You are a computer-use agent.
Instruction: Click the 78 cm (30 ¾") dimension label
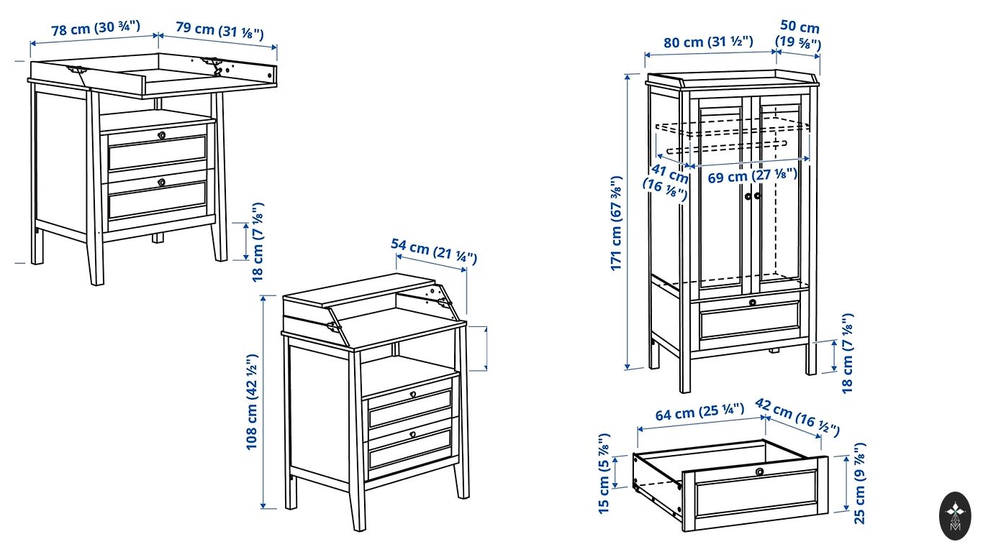96,29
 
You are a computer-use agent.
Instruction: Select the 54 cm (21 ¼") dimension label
434,251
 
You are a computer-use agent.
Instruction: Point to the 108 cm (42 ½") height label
252,402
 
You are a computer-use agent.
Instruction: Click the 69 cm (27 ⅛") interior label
753,175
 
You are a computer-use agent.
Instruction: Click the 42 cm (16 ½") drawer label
797,416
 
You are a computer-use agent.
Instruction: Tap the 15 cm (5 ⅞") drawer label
604,473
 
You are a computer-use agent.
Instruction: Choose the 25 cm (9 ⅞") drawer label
860,483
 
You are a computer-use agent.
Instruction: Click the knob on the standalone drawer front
759,471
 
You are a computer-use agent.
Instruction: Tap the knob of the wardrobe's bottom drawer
753,302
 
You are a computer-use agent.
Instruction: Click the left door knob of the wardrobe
748,195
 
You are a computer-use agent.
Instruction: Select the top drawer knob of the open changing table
161,134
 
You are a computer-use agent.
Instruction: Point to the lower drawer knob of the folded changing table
413,434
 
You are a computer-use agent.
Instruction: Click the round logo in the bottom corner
955,516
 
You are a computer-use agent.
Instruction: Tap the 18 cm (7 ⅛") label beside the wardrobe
848,353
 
